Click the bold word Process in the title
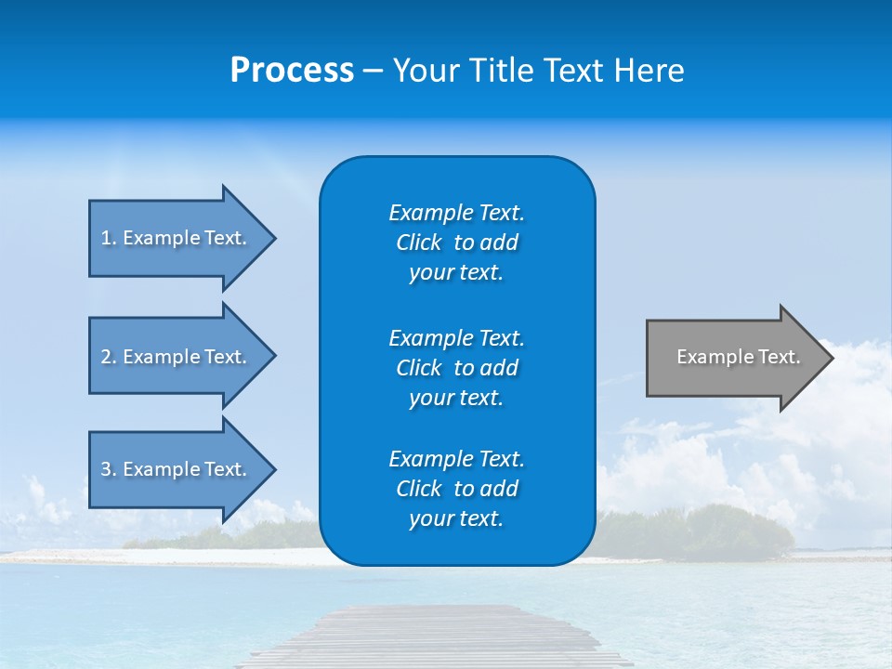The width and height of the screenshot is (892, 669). point(292,71)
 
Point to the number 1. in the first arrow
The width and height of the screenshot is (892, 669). point(109,238)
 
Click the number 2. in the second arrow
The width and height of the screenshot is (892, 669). point(109,357)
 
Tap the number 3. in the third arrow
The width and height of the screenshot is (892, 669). point(109,469)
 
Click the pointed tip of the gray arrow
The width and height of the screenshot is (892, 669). point(830,358)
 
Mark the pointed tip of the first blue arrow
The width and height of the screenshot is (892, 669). point(272,239)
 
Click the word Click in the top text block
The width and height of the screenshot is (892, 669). point(418,243)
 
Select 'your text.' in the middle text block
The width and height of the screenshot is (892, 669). point(456,399)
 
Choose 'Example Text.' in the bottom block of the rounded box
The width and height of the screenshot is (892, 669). point(456,459)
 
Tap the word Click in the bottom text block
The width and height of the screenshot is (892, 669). point(418,490)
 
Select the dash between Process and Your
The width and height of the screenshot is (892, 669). point(373,72)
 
